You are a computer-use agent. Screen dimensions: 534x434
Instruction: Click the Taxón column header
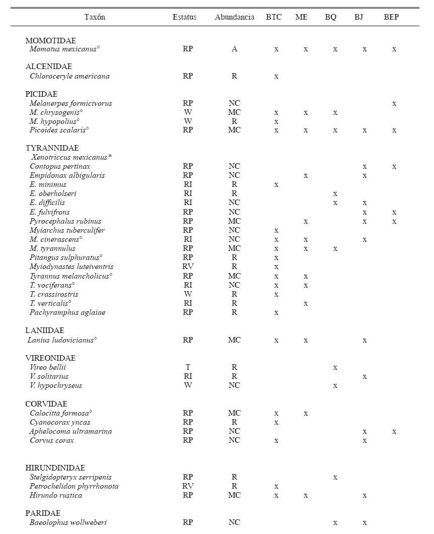pyautogui.click(x=95, y=17)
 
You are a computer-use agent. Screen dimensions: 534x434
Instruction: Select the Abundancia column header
pyautogui.click(x=234, y=17)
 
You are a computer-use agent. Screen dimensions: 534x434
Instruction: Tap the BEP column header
pyautogui.click(x=391, y=17)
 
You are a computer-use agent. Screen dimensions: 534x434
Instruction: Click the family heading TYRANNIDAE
pyautogui.click(x=52, y=148)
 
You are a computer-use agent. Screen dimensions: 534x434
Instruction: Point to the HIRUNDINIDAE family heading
pyautogui.click(x=55, y=468)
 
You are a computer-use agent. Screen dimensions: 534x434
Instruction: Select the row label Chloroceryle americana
pyautogui.click(x=69, y=77)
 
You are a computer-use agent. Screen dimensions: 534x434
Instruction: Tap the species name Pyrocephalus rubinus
pyautogui.click(x=65, y=221)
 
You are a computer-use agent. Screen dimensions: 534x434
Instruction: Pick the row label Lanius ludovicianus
pyautogui.click(x=62, y=340)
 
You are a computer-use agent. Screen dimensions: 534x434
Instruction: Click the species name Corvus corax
pyautogui.click(x=52, y=440)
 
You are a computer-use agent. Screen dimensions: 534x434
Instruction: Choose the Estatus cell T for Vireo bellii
pyautogui.click(x=188, y=368)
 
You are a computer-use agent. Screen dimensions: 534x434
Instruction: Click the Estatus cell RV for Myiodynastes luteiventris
pyautogui.click(x=188, y=266)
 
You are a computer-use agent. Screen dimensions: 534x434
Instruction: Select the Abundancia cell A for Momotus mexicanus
pyautogui.click(x=234, y=49)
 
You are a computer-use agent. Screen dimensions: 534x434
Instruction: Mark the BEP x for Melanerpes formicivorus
pyautogui.click(x=394, y=104)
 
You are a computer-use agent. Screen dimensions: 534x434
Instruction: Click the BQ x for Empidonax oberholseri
pyautogui.click(x=335, y=194)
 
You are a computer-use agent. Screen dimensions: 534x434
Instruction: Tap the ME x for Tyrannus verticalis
pyautogui.click(x=306, y=304)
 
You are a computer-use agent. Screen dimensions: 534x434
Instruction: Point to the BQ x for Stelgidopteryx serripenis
pyautogui.click(x=335, y=478)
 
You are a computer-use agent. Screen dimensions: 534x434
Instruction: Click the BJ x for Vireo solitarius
pyautogui.click(x=365, y=377)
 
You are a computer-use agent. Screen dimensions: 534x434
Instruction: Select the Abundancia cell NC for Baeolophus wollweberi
pyautogui.click(x=234, y=523)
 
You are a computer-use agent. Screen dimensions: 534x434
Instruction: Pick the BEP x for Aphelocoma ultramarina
pyautogui.click(x=394, y=432)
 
